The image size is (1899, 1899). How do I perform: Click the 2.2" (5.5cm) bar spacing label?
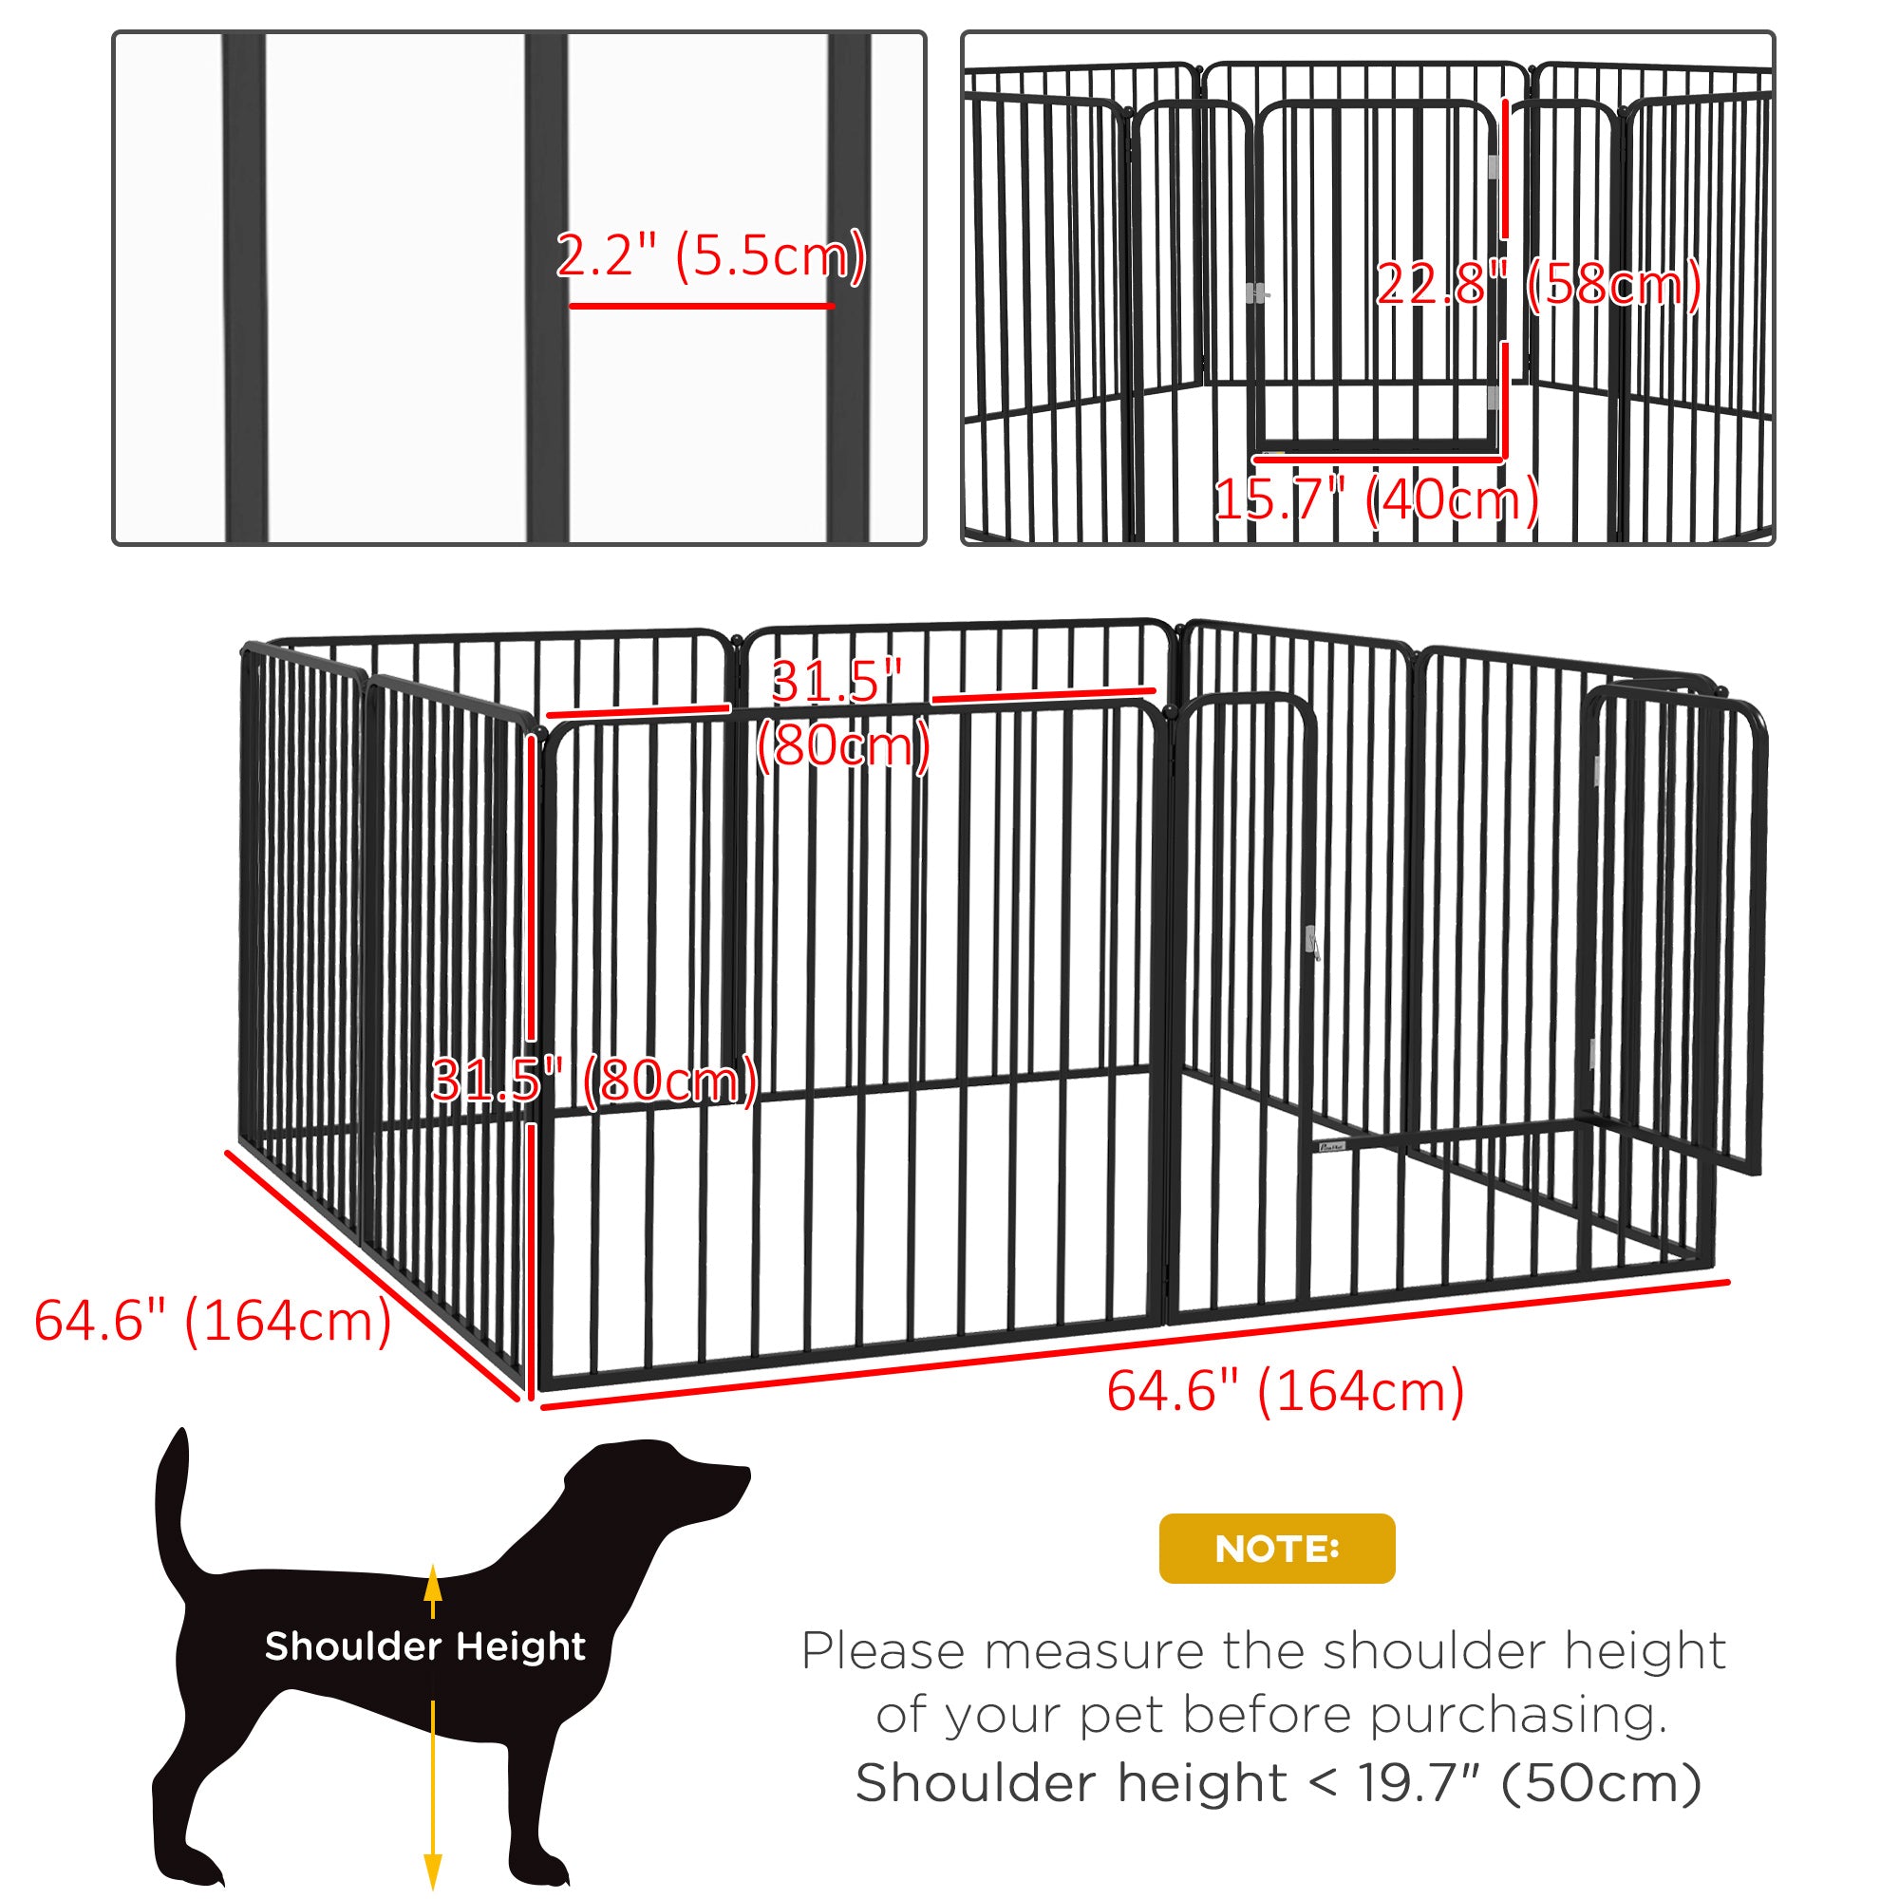coord(710,255)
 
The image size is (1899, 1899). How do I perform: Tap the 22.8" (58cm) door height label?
coord(1538,284)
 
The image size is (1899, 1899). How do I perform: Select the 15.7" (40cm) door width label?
coord(1376,499)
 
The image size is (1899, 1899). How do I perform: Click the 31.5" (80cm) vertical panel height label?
coord(594,1081)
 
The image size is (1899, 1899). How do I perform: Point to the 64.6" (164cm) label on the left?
coord(214,1320)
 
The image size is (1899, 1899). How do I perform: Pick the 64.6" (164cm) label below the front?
coord(1286,1391)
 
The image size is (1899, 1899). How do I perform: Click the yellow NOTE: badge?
coord(1277,1548)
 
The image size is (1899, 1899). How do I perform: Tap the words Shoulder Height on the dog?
coord(424,1645)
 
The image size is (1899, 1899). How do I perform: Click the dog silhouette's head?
coord(678,1486)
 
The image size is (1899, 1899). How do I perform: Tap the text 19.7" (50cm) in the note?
coord(1530,1782)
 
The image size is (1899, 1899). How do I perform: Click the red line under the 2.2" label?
coord(701,306)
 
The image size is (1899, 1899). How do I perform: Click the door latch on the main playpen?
coord(1311,942)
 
